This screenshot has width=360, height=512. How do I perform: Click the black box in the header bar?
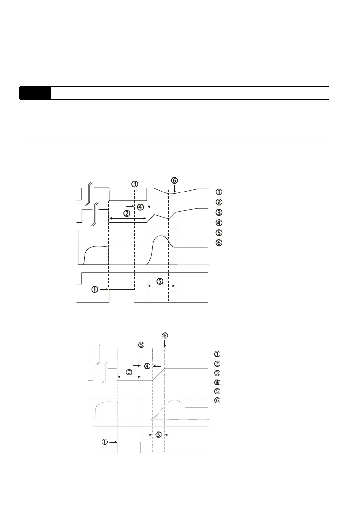point(35,93)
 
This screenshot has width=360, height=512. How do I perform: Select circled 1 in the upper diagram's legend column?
point(219,192)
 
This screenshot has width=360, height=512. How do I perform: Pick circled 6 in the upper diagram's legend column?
point(219,243)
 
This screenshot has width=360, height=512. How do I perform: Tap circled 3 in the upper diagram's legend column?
point(219,212)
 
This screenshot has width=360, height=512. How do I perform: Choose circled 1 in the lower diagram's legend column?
point(217,354)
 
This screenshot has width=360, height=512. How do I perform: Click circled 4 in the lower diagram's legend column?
point(217,383)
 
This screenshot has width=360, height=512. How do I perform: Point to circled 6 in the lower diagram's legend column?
point(217,401)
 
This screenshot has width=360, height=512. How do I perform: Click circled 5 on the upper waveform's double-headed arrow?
point(160,281)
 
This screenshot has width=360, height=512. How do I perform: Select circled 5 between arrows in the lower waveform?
point(158,435)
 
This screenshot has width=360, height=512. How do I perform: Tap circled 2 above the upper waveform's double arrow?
point(127,214)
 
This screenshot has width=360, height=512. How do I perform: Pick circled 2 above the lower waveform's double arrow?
point(129,372)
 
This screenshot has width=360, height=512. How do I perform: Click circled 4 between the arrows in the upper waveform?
point(140,206)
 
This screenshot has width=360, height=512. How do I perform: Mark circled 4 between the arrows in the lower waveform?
point(147,366)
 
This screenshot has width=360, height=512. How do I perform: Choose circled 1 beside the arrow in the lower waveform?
point(105,442)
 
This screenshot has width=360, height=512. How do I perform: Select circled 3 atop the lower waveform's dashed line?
point(142,345)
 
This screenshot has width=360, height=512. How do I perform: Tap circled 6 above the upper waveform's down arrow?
point(174,180)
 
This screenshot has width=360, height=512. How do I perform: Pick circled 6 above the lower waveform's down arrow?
point(165,335)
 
